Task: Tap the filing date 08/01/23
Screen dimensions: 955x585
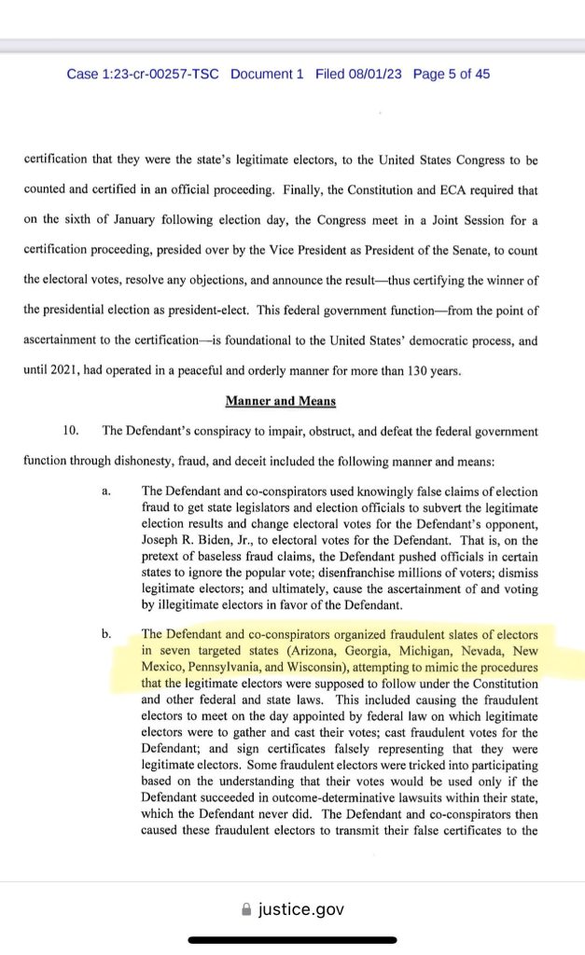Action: click(x=372, y=74)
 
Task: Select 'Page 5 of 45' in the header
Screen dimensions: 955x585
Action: click(x=452, y=74)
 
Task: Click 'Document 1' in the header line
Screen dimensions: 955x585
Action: click(x=267, y=74)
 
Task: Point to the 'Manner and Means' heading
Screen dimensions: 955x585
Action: click(x=279, y=400)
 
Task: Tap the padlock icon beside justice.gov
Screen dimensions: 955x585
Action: click(x=246, y=909)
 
